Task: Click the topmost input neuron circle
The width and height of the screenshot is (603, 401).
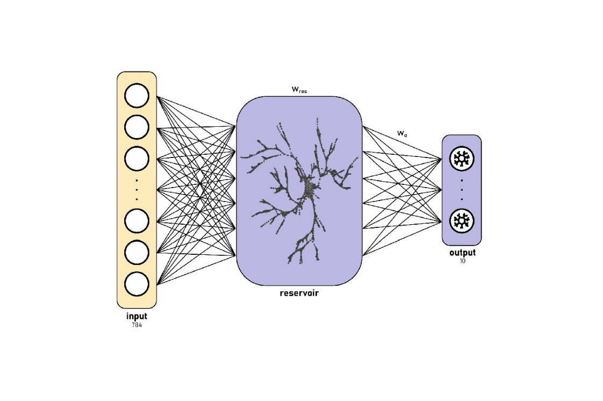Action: click(x=137, y=96)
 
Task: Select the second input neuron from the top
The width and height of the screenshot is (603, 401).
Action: click(x=137, y=127)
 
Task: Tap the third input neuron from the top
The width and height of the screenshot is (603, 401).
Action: click(x=137, y=158)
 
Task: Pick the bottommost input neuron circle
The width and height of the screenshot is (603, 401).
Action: click(x=137, y=283)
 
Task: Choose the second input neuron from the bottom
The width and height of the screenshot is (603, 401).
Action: click(x=137, y=252)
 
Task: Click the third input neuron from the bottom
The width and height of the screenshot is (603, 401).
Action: click(x=137, y=220)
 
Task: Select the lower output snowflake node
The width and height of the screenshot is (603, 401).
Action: click(x=461, y=221)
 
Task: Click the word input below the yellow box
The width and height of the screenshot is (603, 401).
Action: click(x=137, y=317)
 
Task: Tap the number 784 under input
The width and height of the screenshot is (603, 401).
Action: click(x=137, y=326)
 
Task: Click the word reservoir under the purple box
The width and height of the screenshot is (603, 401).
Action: click(x=299, y=293)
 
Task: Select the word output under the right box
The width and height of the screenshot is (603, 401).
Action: click(x=462, y=253)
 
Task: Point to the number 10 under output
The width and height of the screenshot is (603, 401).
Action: click(x=462, y=261)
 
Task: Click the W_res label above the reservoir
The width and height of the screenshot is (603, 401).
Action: click(x=299, y=90)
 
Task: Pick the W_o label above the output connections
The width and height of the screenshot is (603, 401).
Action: click(x=402, y=133)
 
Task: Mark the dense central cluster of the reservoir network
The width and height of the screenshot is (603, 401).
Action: click(x=310, y=188)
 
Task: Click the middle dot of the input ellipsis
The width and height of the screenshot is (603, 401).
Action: click(x=137, y=189)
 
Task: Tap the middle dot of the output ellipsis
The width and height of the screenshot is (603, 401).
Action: click(x=462, y=189)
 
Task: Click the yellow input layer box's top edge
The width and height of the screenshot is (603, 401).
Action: click(x=137, y=72)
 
